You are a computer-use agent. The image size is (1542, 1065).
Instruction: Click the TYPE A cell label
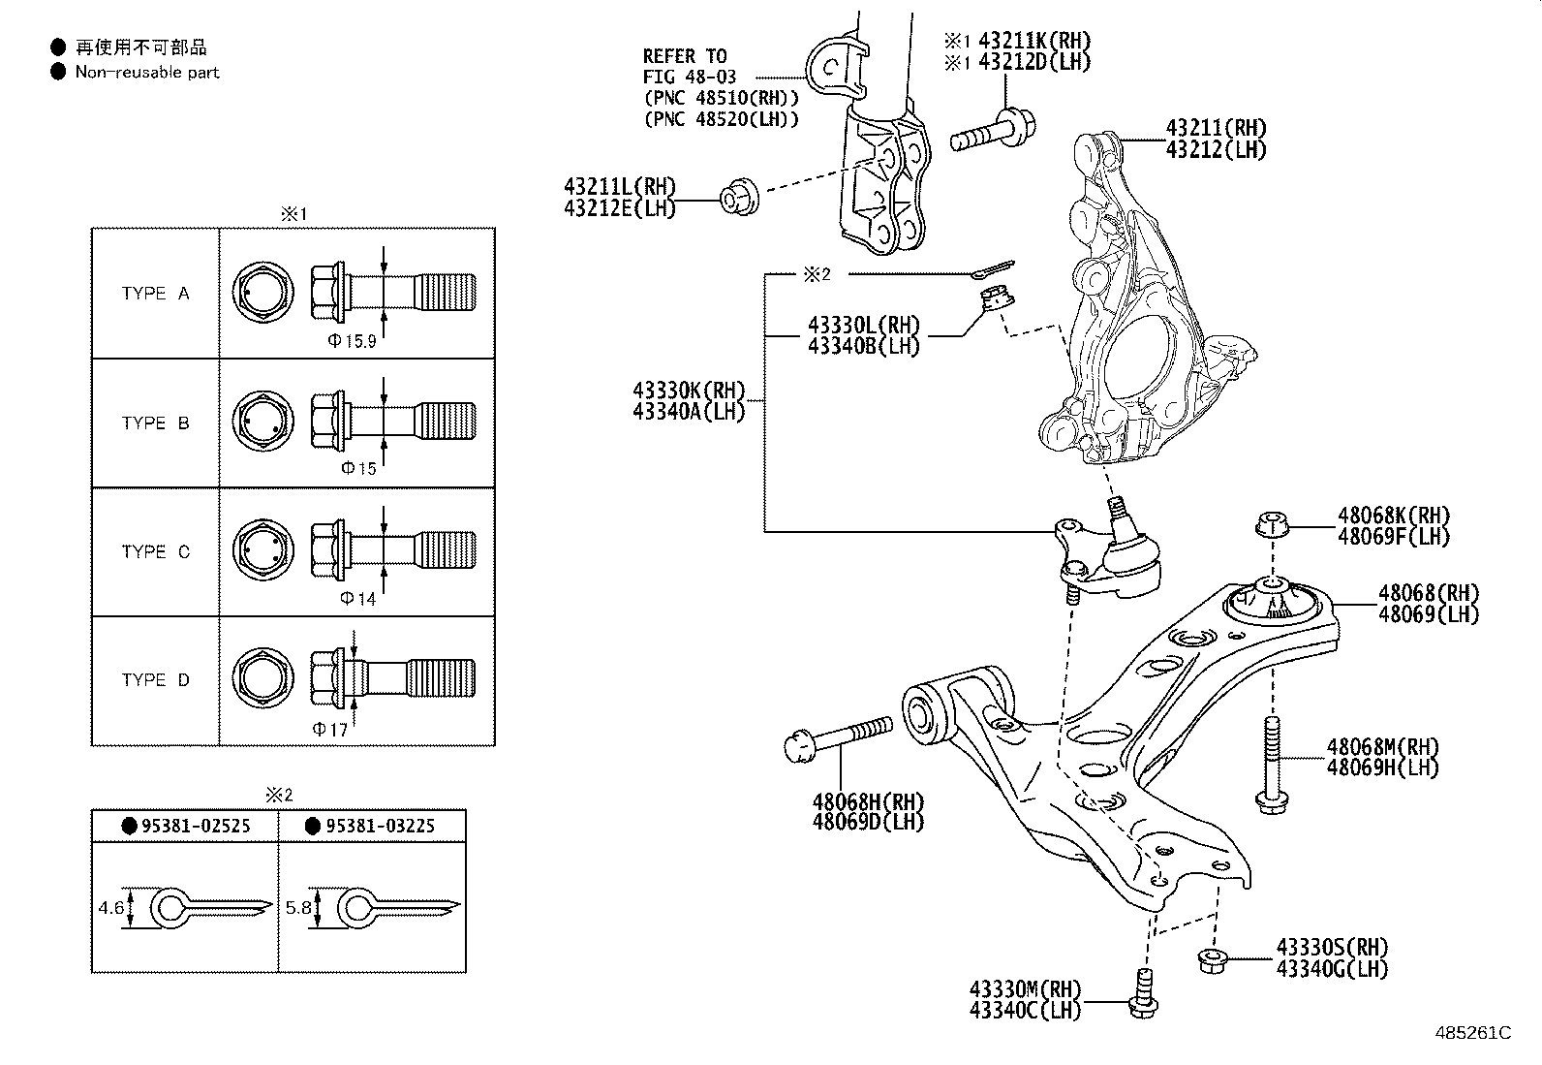156,294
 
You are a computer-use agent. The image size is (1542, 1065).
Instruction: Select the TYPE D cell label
156,680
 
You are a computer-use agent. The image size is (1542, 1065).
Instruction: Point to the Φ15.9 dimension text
352,341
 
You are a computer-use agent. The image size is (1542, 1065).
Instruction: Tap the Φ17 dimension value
329,730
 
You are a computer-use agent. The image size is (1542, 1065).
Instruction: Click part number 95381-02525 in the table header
197,826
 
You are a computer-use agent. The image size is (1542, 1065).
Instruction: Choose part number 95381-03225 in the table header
380,826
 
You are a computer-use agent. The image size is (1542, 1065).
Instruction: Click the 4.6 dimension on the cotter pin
110,908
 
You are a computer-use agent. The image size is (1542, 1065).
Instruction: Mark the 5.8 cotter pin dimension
298,908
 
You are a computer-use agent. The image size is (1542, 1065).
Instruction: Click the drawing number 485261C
1473,1033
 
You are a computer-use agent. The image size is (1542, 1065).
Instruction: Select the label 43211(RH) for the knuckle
1217,128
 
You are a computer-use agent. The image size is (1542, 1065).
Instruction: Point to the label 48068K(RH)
1394,516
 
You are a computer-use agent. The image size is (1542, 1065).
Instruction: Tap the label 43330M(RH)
1026,989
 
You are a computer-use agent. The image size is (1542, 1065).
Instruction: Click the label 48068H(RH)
869,801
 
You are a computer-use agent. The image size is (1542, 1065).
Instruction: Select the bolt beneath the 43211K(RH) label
994,131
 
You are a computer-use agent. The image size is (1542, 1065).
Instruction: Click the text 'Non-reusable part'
147,73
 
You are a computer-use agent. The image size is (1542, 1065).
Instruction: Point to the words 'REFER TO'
685,56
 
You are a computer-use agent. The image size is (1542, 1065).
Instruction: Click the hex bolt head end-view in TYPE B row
262,422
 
